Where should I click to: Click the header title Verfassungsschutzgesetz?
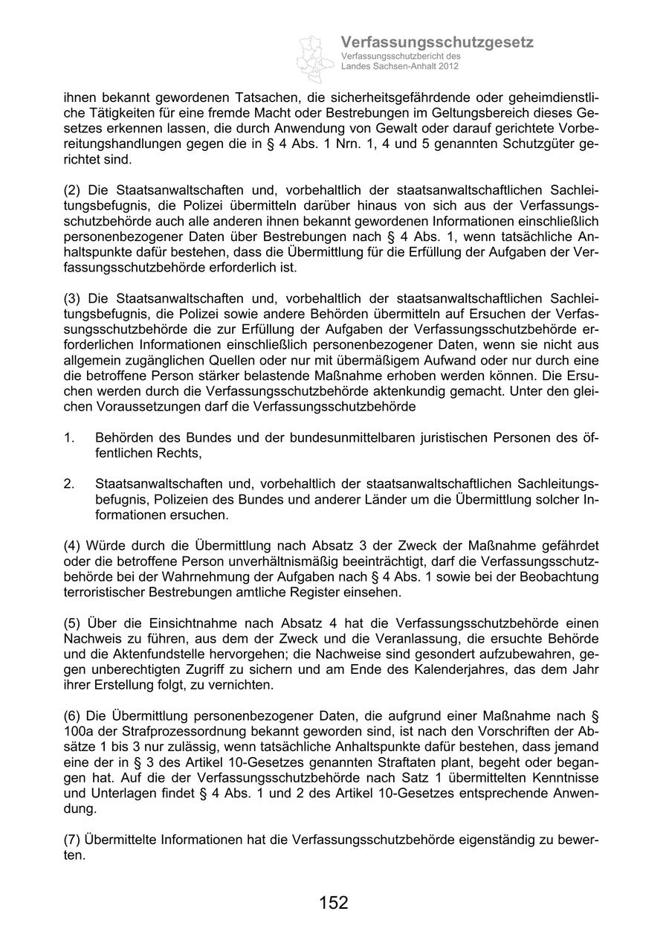tap(436, 42)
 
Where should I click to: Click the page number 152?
tap(334, 903)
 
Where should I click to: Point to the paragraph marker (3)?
tap(73, 298)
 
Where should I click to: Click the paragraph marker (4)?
tap(73, 547)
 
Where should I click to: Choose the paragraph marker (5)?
tap(73, 623)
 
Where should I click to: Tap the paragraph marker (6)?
tap(73, 716)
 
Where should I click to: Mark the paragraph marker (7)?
tap(73, 840)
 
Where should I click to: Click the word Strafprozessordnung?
tap(162, 732)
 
